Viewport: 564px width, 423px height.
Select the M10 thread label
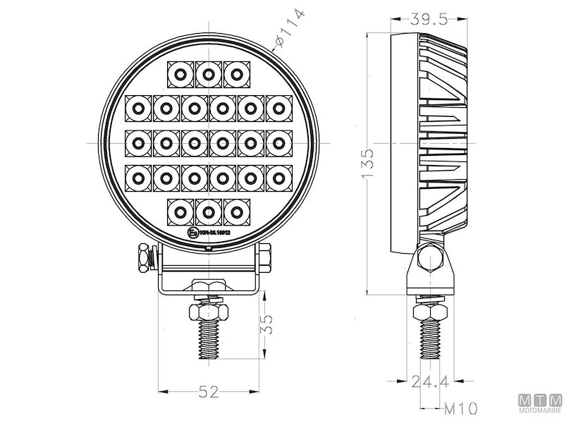pos(460,407)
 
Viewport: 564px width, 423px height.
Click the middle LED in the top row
pos(209,73)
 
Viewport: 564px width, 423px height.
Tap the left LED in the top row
pos(180,73)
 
